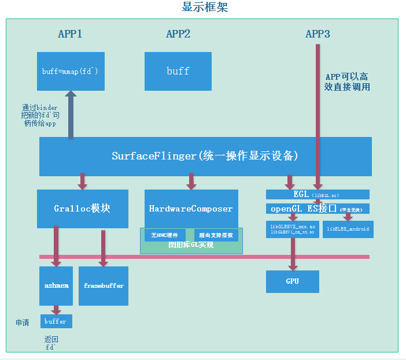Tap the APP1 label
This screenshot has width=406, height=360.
[70, 34]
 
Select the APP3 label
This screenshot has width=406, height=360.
[318, 34]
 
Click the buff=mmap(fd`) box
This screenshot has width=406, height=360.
[71, 71]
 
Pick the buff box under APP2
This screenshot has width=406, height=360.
[178, 71]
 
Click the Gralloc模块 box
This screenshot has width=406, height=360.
[83, 209]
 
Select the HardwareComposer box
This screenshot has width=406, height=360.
[191, 209]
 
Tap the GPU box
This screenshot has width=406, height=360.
[292, 281]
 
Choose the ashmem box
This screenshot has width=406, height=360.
[57, 285]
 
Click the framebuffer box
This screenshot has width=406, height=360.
[104, 285]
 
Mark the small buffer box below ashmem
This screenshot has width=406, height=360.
[56, 321]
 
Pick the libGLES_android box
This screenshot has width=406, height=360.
[348, 229]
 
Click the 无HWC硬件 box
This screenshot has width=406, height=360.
[164, 235]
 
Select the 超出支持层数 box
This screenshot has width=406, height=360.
[216, 235]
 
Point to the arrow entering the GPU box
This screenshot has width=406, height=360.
[293, 254]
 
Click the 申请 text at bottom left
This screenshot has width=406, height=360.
[22, 322]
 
